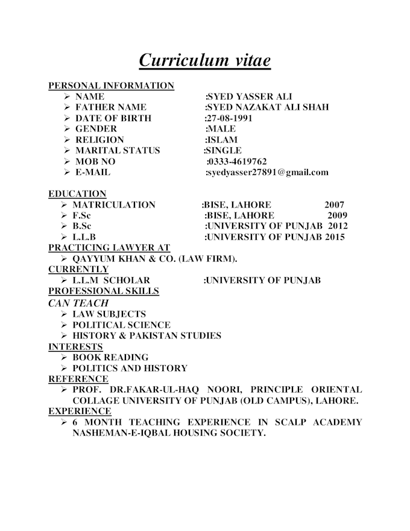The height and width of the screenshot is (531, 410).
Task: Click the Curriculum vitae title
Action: pos(204,60)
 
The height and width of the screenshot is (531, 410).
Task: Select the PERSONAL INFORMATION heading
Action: pos(111,86)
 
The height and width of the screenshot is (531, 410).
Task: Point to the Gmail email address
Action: pos(267,173)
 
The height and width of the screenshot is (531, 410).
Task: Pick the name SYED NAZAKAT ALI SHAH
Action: pos(267,107)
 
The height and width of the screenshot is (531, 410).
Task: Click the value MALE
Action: pos(221,129)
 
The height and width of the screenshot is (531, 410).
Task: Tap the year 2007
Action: pos(335,205)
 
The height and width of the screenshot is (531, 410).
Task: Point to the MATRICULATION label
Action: pos(114,205)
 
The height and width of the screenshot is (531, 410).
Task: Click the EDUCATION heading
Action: pos(77,194)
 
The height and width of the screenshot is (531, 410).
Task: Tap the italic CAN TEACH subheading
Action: pos(78,303)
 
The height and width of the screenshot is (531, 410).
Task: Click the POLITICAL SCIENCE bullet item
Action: pos(121,325)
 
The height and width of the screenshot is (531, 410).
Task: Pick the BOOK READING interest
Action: pos(110,357)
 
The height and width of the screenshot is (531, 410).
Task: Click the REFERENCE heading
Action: pos(78,379)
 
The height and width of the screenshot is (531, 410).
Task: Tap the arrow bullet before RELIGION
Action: pos(66,140)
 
